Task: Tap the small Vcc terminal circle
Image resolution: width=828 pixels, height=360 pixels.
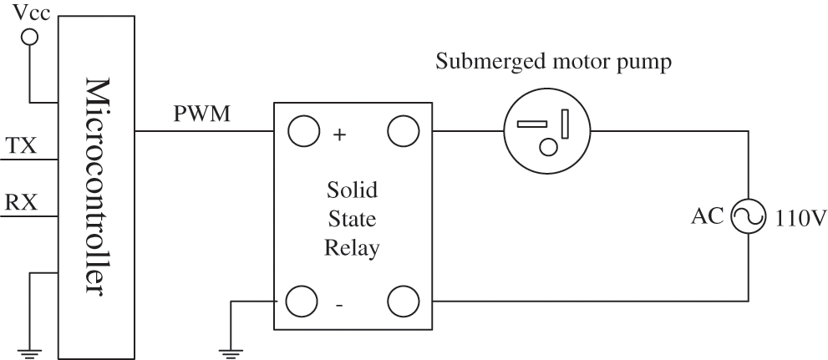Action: pos(29,38)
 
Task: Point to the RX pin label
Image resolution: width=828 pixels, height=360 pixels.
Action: pos(21,203)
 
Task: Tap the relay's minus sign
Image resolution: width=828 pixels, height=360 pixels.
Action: pos(338,306)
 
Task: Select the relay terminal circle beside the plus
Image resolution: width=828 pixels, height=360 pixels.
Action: pos(303,132)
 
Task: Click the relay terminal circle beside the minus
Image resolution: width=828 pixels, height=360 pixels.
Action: pos(303,301)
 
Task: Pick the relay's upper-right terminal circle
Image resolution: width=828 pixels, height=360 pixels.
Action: pos(402,132)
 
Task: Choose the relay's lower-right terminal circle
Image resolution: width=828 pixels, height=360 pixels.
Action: pos(402,301)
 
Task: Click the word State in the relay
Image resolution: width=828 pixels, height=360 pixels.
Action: pos(352,220)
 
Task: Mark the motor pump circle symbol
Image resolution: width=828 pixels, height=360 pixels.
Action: pos(546,132)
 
